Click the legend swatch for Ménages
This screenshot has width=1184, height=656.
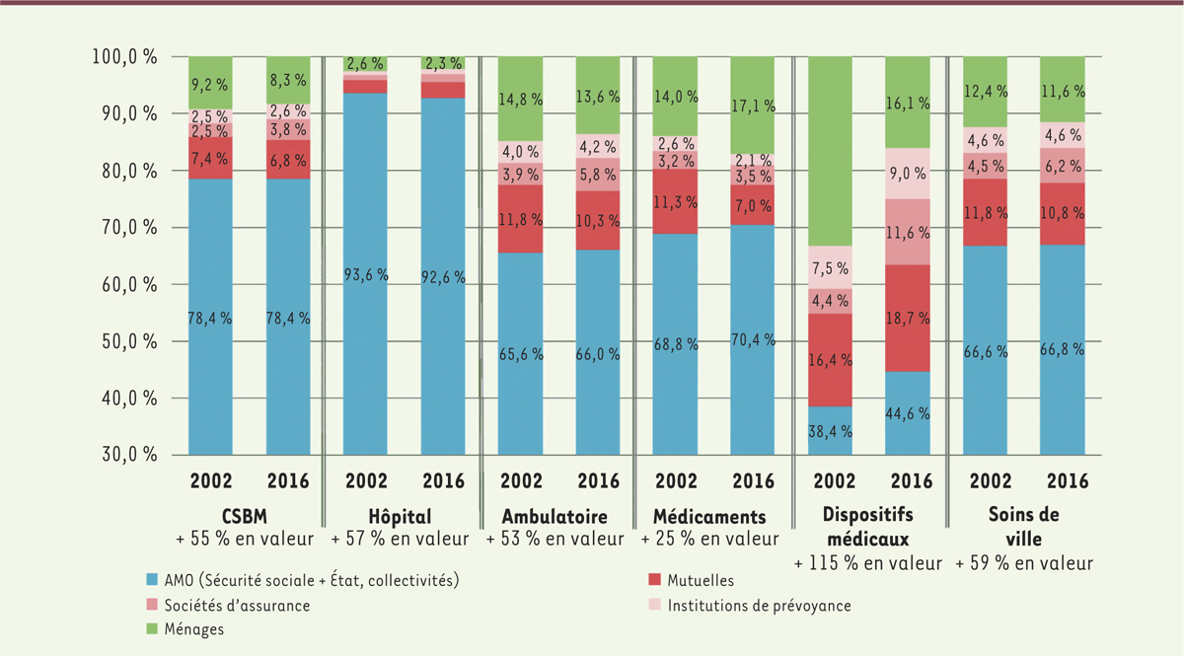(x=153, y=629)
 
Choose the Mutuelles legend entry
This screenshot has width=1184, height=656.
(x=701, y=581)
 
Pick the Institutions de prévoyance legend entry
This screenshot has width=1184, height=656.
(x=759, y=605)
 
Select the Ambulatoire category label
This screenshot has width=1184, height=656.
(x=555, y=516)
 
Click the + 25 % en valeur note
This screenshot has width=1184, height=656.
(x=709, y=540)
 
